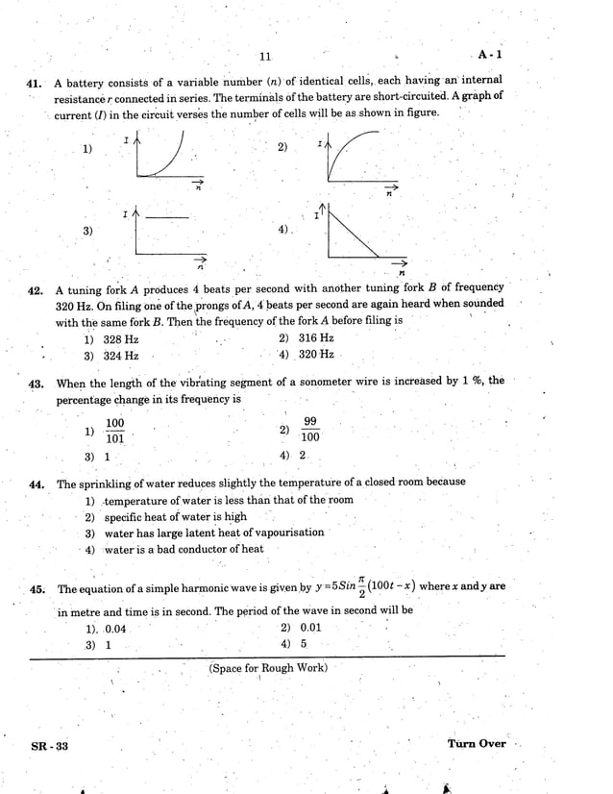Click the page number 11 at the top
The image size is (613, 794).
265,58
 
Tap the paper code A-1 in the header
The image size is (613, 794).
489,56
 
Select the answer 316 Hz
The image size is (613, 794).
316,338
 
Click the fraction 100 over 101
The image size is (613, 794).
114,431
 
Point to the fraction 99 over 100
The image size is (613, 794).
309,429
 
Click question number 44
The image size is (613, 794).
39,484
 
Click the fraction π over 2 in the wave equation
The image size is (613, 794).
362,586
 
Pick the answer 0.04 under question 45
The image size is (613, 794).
114,629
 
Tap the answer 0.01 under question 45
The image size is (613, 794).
310,628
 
